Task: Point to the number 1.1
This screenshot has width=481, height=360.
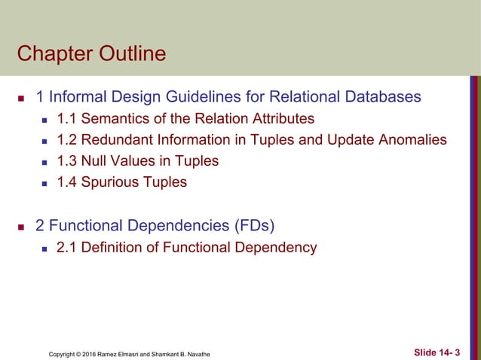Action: (x=67, y=118)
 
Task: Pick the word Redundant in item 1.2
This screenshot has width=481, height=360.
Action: (x=115, y=139)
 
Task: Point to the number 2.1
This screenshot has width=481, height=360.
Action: (x=67, y=247)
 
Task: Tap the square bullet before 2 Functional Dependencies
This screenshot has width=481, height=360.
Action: (x=21, y=226)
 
